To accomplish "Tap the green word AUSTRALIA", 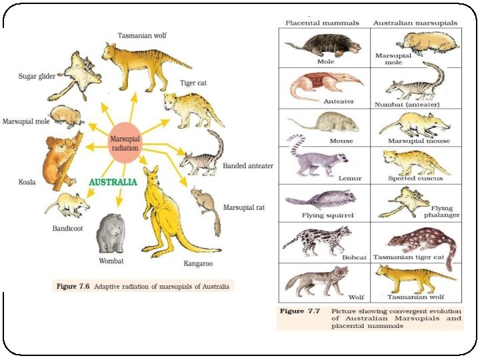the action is (x=113, y=181).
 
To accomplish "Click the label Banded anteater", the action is (x=247, y=165).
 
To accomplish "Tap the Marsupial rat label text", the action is (x=244, y=208).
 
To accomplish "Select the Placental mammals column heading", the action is (x=323, y=23).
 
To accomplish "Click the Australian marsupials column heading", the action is (x=415, y=23).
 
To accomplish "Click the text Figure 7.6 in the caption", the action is (x=73, y=287).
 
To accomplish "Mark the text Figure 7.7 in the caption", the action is (x=300, y=311).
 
